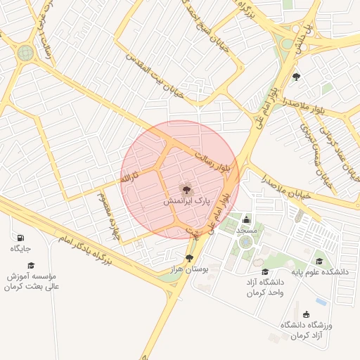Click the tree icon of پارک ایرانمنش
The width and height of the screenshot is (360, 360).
186,188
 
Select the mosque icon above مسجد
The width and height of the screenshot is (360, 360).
246,220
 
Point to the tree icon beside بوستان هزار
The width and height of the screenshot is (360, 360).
190,258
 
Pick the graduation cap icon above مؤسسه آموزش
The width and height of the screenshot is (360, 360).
31,264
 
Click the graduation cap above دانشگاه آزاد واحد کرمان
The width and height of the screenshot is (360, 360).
265,272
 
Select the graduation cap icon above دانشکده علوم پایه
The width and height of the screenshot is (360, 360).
319,262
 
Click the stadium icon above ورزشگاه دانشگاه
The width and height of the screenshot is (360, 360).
305,314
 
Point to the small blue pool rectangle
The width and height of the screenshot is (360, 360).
321,302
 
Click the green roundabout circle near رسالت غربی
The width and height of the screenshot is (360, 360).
26,53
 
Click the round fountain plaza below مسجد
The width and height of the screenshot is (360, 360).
245,242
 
